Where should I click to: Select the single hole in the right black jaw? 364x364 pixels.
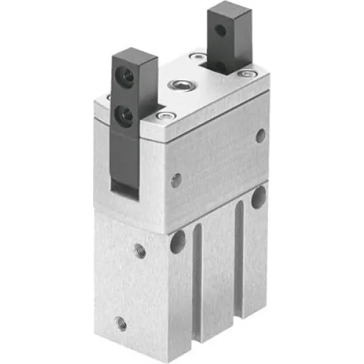(219, 31)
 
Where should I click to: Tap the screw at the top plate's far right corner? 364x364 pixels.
(248, 73)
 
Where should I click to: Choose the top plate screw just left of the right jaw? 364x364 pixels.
(197, 57)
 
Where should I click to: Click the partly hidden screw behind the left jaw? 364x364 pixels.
(109, 97)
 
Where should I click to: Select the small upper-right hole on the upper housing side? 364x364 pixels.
(261, 135)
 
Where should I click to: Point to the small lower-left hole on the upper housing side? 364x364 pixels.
(176, 181)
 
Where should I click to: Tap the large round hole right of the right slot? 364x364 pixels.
(258, 197)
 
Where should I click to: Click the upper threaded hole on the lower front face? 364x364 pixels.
(139, 252)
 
